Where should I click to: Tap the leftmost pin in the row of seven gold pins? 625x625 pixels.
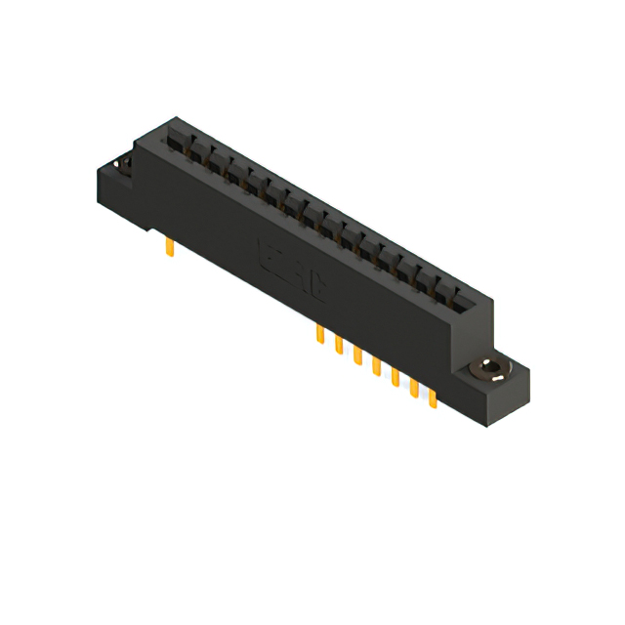(319, 335)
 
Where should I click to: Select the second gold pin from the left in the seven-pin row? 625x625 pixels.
(338, 346)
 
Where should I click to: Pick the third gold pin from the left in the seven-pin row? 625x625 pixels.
(357, 356)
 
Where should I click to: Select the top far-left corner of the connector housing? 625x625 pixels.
(173, 118)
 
